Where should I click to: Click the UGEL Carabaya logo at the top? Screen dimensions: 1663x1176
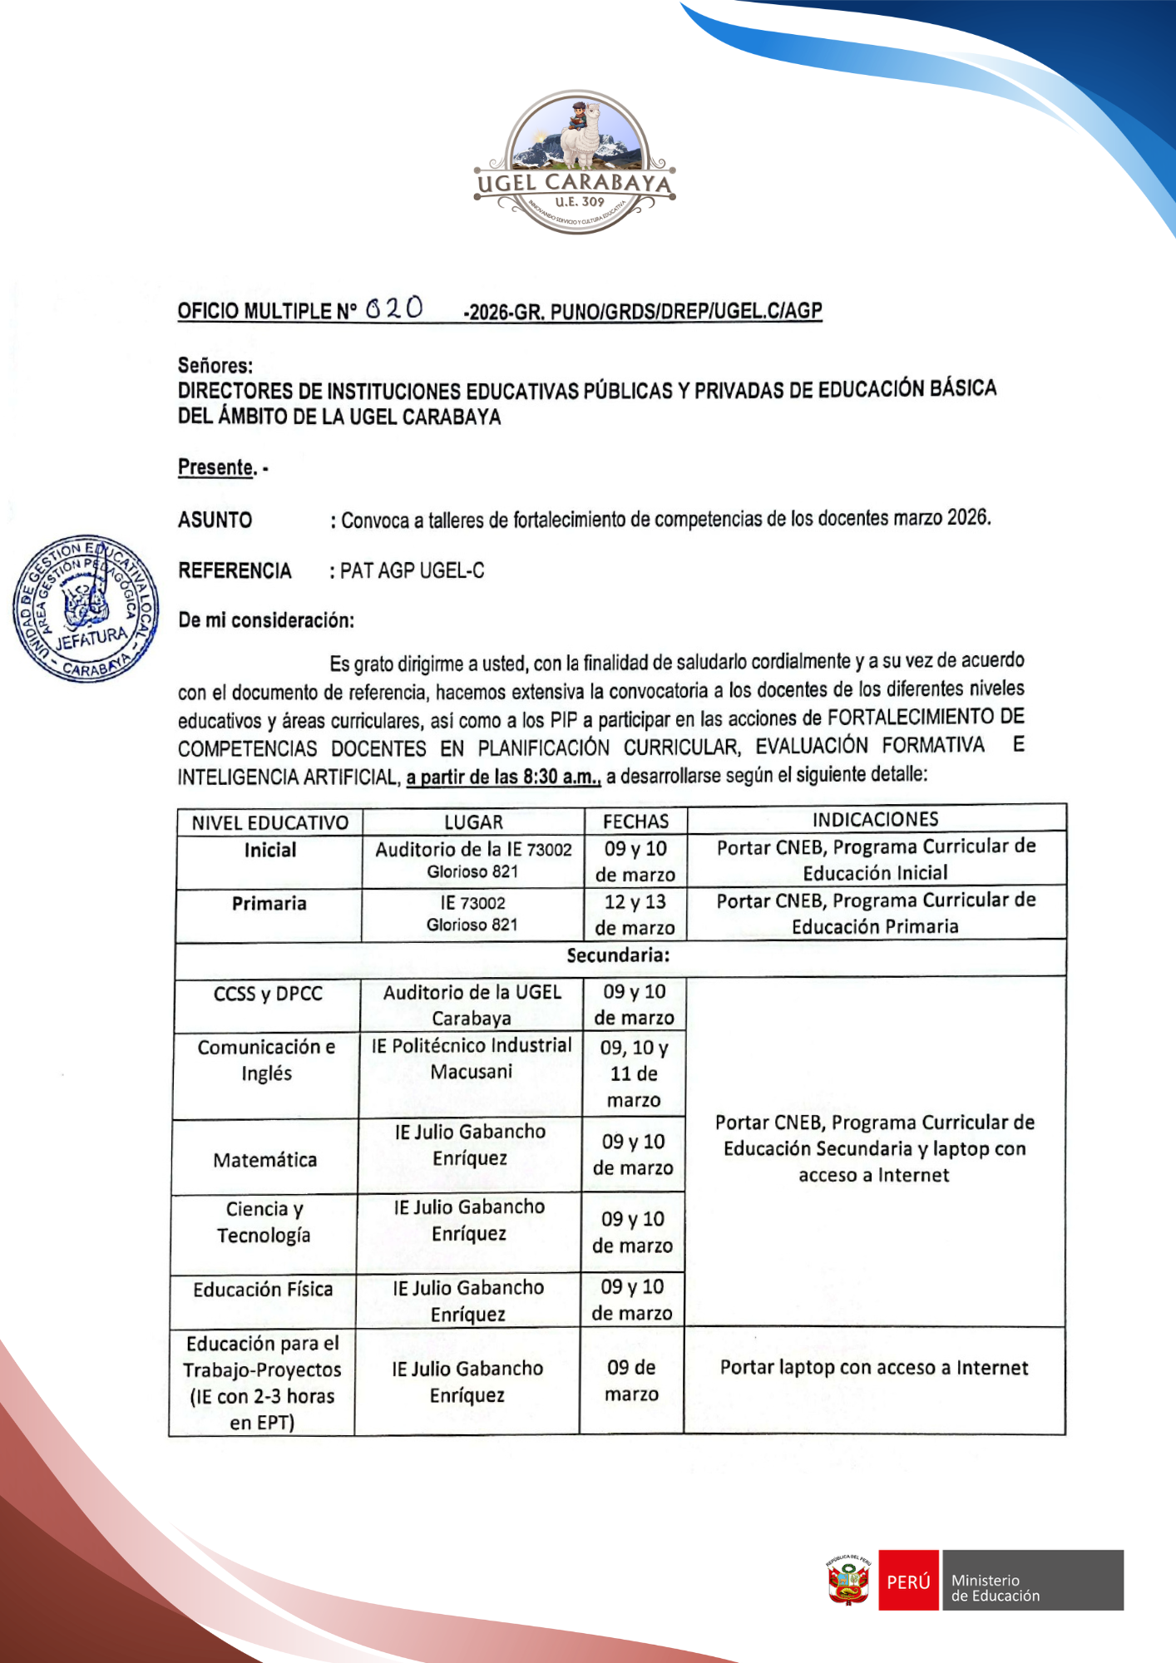(x=576, y=163)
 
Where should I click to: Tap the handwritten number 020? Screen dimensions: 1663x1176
(x=394, y=308)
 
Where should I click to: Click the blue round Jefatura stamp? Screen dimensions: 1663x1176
(x=86, y=609)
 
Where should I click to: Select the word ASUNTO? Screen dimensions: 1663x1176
(x=215, y=521)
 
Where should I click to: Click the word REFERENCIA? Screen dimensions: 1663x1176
(x=235, y=571)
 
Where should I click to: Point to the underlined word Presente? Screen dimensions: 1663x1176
(x=216, y=467)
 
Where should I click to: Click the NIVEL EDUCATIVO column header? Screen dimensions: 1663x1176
(x=269, y=823)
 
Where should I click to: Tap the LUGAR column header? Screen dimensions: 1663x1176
(x=473, y=822)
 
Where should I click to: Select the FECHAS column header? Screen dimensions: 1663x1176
(x=635, y=822)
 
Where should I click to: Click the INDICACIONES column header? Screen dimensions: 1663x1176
(x=875, y=820)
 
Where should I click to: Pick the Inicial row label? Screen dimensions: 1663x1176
(x=269, y=850)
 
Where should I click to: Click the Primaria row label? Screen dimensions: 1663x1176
(x=269, y=904)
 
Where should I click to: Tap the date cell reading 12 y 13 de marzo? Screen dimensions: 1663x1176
(x=635, y=915)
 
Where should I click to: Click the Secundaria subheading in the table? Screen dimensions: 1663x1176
(x=618, y=955)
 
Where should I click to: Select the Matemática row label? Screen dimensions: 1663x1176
(x=264, y=1160)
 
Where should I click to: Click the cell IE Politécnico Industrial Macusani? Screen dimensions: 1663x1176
(x=472, y=1058)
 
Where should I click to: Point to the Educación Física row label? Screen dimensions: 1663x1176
(x=263, y=1290)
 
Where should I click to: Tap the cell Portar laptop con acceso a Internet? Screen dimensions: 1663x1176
(x=874, y=1368)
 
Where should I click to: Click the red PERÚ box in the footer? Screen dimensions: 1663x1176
(x=908, y=1581)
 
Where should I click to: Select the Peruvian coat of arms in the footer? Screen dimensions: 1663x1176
(x=848, y=1581)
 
